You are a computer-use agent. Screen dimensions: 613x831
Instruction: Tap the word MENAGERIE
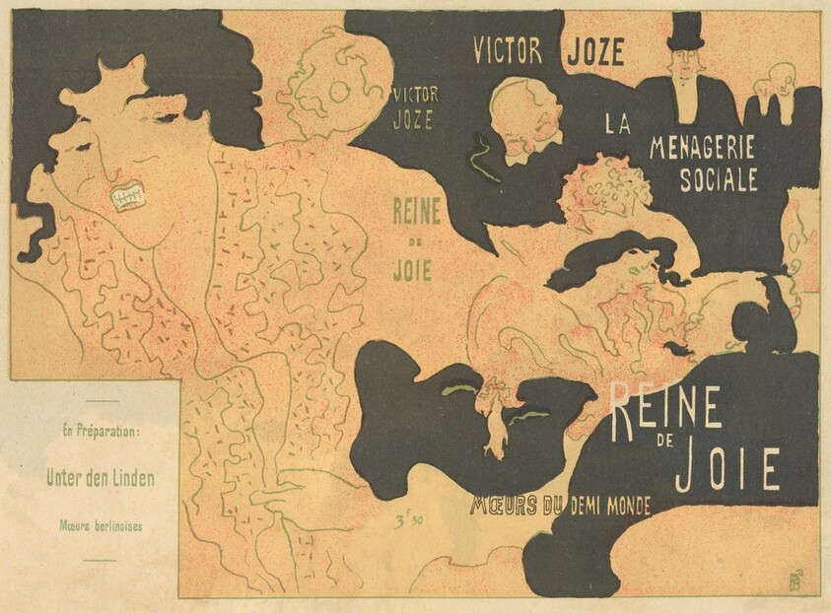click(x=702, y=148)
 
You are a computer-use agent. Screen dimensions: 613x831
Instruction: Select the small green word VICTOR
click(x=415, y=96)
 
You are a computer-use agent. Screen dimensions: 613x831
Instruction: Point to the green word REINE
click(x=416, y=210)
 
